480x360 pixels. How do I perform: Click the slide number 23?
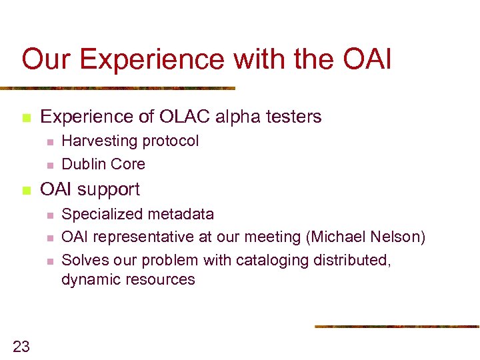(21, 345)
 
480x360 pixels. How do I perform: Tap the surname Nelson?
(401, 237)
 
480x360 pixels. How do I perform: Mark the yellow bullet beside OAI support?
(26, 190)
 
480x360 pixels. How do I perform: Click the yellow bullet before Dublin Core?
(49, 165)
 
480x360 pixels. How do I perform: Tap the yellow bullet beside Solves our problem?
(49, 260)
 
